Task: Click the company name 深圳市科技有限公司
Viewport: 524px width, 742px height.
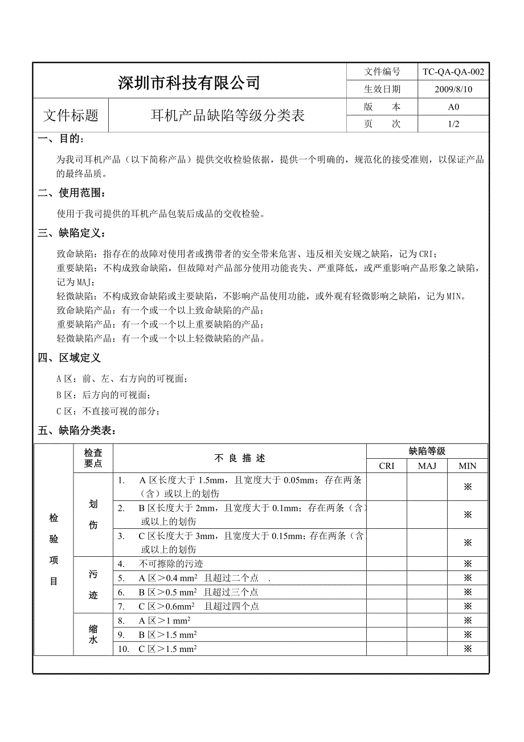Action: (189, 83)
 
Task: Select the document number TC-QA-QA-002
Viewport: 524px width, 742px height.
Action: (453, 72)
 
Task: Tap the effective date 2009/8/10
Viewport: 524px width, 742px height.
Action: (453, 89)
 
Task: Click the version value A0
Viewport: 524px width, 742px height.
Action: (453, 107)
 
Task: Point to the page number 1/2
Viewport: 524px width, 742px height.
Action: (453, 124)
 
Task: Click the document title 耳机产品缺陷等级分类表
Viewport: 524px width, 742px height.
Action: (227, 116)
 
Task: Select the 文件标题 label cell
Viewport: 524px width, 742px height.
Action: (71, 116)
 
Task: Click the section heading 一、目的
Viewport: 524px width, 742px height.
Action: (63, 139)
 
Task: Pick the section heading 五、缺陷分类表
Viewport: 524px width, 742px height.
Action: (76, 431)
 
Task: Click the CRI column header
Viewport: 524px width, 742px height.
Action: (386, 466)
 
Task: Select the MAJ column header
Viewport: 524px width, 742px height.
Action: (427, 466)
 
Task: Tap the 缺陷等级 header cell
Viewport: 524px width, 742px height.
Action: (427, 451)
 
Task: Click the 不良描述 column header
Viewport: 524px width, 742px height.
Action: (239, 458)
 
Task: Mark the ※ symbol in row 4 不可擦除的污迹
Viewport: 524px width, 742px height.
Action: (468, 564)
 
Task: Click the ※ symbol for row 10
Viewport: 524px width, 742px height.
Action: (468, 649)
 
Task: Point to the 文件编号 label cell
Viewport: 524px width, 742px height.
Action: (382, 72)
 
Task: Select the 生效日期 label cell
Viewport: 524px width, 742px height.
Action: (382, 89)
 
